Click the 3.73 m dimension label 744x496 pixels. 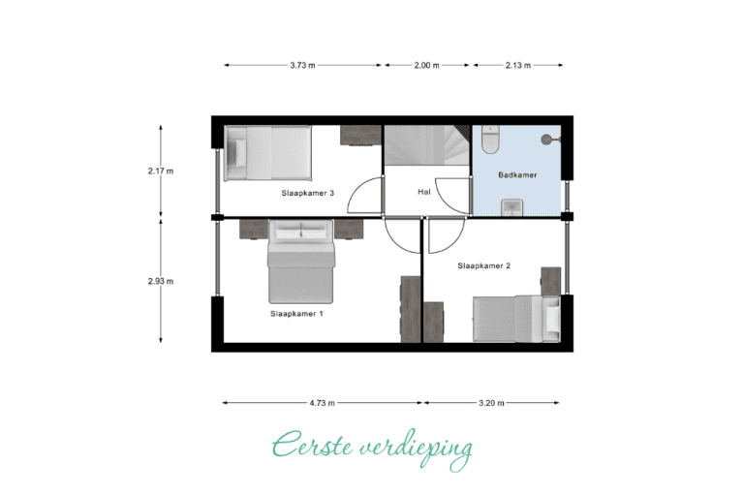click(x=302, y=66)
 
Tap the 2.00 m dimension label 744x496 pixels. click(x=426, y=66)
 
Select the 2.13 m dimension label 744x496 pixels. click(x=518, y=66)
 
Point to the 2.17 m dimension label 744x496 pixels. click(x=161, y=170)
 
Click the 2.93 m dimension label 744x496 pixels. click(x=161, y=281)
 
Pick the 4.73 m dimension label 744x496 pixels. click(x=323, y=403)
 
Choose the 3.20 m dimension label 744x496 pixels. click(x=491, y=403)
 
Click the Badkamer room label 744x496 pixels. click(x=517, y=175)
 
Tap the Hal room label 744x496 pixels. click(x=424, y=192)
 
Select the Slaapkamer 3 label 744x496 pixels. click(x=308, y=193)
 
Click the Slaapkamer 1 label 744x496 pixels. click(x=297, y=314)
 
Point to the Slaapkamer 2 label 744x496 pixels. click(x=484, y=265)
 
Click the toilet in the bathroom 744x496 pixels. click(x=490, y=139)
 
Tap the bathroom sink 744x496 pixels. click(x=512, y=207)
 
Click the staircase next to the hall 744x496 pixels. click(x=426, y=145)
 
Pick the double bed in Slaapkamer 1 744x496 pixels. click(x=301, y=262)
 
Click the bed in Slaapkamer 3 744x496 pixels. click(x=268, y=153)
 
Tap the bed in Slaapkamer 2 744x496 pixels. click(x=516, y=319)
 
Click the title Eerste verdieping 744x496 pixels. click(x=372, y=449)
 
